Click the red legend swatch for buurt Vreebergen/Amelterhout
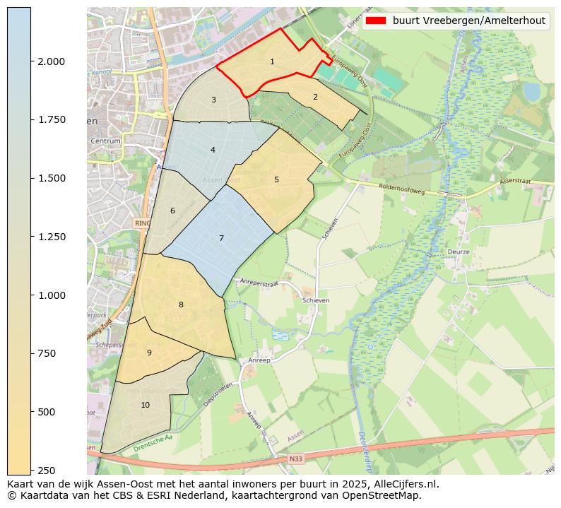coord(377,20)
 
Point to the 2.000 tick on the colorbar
coord(31,61)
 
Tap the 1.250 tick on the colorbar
coord(31,237)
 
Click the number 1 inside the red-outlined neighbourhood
coord(272,62)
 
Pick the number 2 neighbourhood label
coord(315,97)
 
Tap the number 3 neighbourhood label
coord(213,100)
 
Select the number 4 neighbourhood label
coord(213,150)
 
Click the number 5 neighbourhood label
coord(276,179)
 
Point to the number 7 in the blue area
coord(221,238)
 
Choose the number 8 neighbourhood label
coord(181,305)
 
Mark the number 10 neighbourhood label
coord(145,405)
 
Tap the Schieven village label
coord(316,300)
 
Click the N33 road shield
coord(296,459)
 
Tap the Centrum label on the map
coord(105,141)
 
